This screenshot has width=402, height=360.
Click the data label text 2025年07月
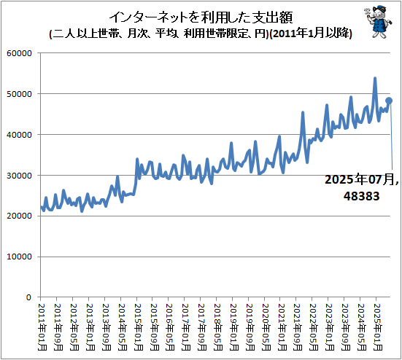362,180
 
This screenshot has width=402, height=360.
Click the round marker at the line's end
390,101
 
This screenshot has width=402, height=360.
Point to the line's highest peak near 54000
375,78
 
